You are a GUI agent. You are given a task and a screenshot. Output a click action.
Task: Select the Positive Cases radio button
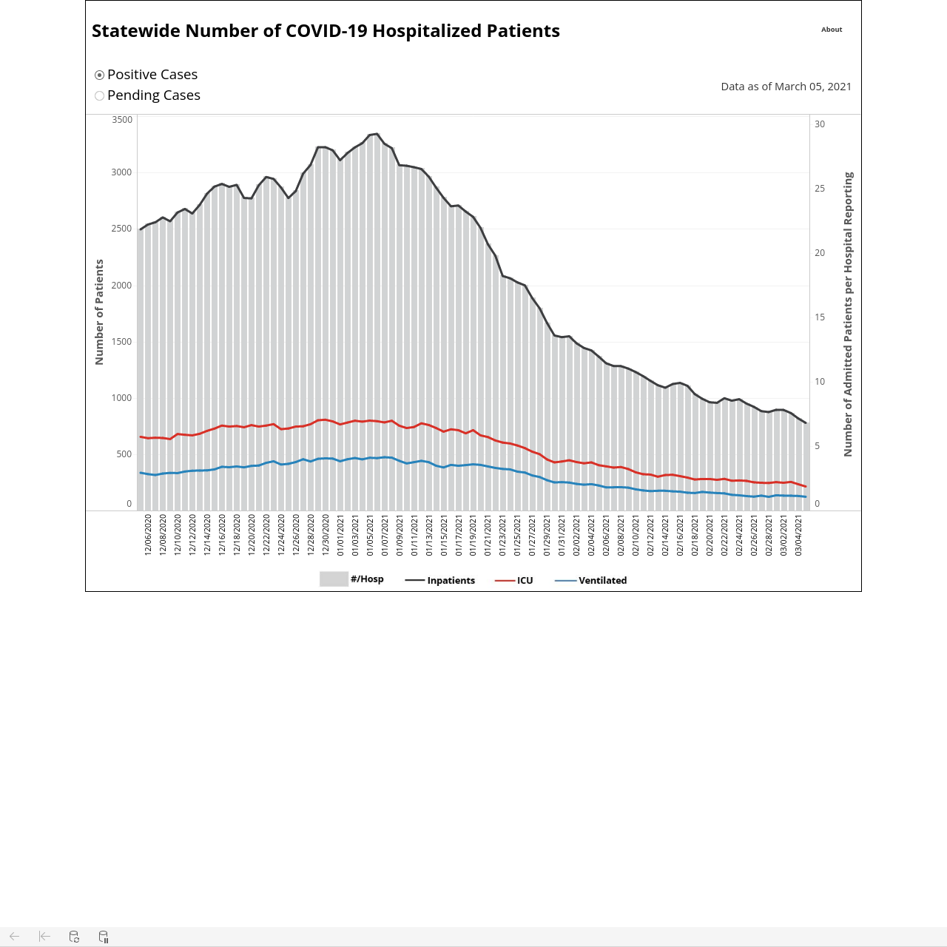[99, 75]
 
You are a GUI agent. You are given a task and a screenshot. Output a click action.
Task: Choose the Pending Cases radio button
[99, 96]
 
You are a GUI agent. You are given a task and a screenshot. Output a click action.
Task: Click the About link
[832, 30]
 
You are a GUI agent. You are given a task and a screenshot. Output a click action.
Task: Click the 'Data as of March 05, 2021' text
[786, 87]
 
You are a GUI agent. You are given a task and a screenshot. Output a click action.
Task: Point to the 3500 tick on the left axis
[122, 119]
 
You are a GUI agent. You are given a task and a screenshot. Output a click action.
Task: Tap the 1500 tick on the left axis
[122, 342]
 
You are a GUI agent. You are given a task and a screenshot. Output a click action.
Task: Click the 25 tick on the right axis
[820, 188]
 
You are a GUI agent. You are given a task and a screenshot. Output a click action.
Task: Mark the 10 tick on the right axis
[820, 381]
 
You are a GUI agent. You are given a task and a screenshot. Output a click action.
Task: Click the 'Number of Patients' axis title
[99, 312]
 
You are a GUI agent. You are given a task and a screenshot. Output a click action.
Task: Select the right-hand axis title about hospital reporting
[848, 314]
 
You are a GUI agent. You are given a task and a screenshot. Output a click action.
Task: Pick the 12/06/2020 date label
[148, 535]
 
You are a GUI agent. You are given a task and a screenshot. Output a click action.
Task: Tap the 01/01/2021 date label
[340, 535]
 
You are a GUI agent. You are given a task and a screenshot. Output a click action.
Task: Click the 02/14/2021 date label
[665, 535]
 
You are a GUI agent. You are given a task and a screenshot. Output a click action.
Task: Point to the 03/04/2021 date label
[798, 535]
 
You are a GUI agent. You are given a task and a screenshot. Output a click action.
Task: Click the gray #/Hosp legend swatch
[334, 579]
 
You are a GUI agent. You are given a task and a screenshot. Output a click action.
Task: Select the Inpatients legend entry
[439, 580]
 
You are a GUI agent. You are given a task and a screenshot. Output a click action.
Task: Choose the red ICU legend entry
[514, 580]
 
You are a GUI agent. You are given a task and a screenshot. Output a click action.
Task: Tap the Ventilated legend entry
[590, 580]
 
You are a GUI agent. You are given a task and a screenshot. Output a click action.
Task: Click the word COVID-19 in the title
[326, 31]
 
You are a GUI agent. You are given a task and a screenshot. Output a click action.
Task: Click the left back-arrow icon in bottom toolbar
[14, 936]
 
